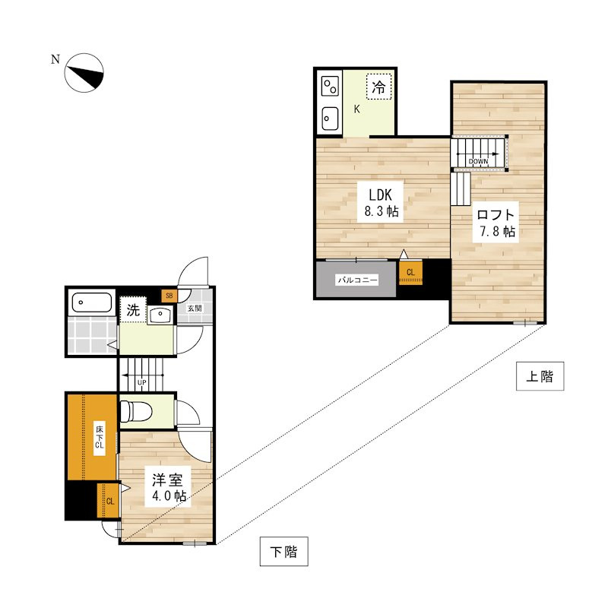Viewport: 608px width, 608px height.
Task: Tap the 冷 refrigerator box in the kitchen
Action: point(378,87)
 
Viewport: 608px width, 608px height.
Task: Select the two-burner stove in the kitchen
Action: point(331,86)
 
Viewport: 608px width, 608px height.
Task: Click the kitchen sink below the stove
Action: point(330,119)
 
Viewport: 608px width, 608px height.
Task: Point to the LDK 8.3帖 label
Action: point(381,202)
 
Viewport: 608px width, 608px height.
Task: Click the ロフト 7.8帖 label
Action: point(496,223)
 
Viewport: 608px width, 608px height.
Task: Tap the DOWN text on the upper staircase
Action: point(478,161)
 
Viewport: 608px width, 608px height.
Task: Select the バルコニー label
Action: point(357,280)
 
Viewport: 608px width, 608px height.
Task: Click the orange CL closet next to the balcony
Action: point(410,273)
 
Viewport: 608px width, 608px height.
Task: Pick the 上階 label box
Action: point(540,376)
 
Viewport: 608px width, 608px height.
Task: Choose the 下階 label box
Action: point(283,552)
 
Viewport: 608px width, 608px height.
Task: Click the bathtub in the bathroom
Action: point(92,302)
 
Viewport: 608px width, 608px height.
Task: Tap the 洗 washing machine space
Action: point(133,310)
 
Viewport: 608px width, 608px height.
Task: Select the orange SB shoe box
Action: point(169,296)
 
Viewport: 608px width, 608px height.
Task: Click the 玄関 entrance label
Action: point(195,309)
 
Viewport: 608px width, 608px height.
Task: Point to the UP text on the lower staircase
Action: point(142,383)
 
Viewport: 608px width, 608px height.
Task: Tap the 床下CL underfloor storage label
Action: point(100,438)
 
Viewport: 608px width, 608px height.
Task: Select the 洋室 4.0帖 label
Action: point(168,486)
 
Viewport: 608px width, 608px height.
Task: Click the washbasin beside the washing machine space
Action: point(160,315)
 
